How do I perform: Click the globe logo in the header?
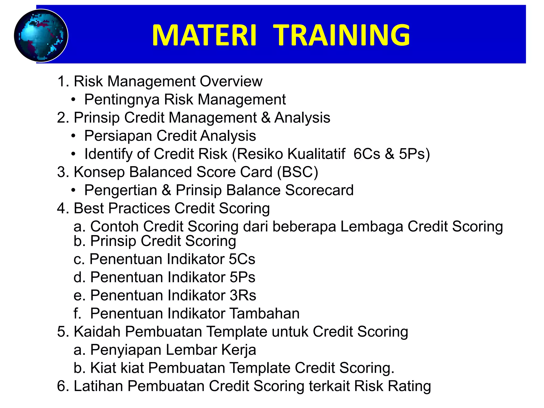click(x=41, y=36)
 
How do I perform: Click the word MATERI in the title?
click(x=204, y=35)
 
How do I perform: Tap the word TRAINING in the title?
click(x=342, y=35)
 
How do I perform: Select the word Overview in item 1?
click(x=231, y=81)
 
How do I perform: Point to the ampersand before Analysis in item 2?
click(x=266, y=118)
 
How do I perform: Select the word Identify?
click(x=108, y=154)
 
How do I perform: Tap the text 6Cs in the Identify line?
click(x=367, y=154)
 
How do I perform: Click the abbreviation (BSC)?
click(x=297, y=172)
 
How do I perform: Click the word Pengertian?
click(x=121, y=190)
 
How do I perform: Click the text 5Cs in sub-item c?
click(x=242, y=259)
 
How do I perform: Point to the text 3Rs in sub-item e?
click(x=243, y=295)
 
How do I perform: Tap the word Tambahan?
click(x=264, y=313)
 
